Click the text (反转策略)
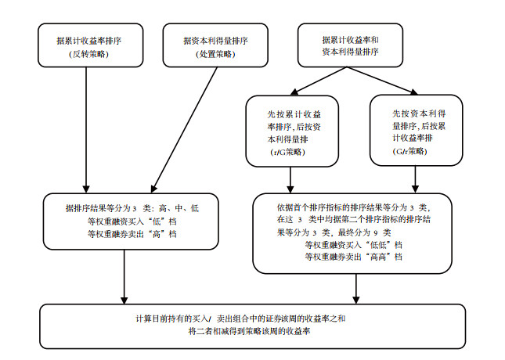(89, 54)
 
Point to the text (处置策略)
(215, 54)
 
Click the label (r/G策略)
(287, 152)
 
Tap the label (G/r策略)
(410, 151)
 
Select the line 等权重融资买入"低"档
(132, 221)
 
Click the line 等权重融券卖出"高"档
(132, 234)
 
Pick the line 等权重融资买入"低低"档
(354, 245)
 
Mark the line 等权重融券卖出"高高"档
(354, 257)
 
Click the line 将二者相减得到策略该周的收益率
(249, 331)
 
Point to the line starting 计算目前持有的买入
(240, 319)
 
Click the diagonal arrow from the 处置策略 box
(184, 130)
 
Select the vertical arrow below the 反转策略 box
(86, 130)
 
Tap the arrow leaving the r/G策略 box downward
(290, 180)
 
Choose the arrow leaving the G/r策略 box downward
(415, 179)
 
